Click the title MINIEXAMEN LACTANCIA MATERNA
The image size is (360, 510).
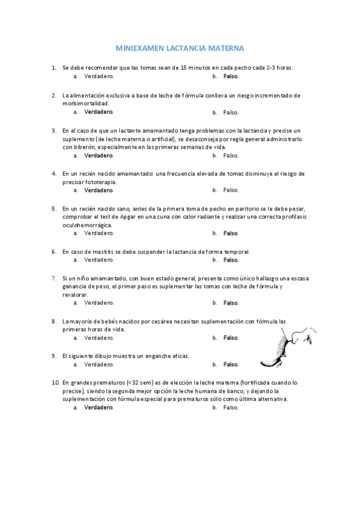[x=180, y=48]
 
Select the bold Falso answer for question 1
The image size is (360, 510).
[x=231, y=76]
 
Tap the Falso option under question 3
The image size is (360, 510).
[x=231, y=155]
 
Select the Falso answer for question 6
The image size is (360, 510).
[x=231, y=260]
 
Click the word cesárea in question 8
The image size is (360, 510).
[x=163, y=321]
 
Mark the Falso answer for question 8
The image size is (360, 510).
[x=231, y=338]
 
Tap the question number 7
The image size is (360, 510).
[x=54, y=278]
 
